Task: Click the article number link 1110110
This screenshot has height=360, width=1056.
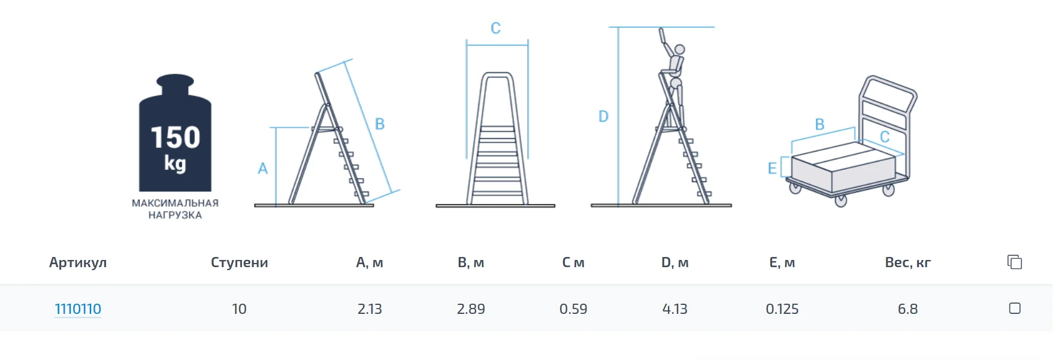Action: (78, 309)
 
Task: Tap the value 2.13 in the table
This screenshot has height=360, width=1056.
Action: (370, 309)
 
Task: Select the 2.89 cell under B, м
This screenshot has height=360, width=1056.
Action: (471, 309)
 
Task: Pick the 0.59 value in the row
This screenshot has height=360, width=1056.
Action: (573, 309)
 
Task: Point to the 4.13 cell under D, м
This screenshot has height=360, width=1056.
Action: (674, 309)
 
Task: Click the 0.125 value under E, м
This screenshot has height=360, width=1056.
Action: (782, 309)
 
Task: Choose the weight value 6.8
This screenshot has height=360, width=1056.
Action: (907, 309)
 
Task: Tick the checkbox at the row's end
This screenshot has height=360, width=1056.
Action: (1015, 308)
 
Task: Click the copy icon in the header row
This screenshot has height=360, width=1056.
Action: (1015, 262)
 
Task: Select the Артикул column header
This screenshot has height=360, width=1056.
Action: (78, 262)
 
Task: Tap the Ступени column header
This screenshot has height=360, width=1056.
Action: (239, 262)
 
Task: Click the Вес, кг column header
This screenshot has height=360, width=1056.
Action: (907, 262)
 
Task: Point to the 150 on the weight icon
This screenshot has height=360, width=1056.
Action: (176, 138)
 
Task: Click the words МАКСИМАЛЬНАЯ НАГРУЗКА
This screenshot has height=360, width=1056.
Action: (175, 209)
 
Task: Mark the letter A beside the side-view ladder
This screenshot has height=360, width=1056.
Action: (262, 168)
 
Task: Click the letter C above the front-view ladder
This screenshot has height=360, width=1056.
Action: (495, 28)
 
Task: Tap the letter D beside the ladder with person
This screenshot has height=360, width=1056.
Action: (603, 116)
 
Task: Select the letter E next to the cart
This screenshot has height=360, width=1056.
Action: (772, 168)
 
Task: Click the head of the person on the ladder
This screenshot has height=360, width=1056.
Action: (679, 50)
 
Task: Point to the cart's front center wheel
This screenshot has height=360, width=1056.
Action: (841, 200)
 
